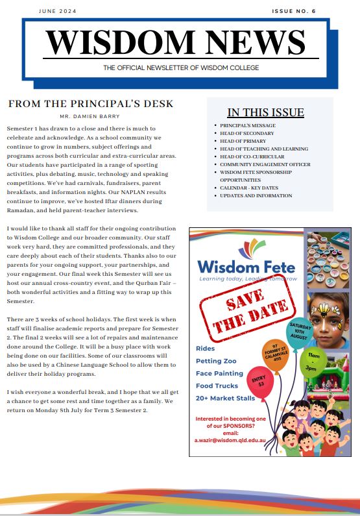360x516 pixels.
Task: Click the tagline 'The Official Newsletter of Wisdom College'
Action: click(181, 68)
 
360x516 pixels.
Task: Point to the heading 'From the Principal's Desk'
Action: click(91, 104)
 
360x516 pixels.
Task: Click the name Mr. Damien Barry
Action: click(91, 116)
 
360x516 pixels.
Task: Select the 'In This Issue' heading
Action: click(265, 112)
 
